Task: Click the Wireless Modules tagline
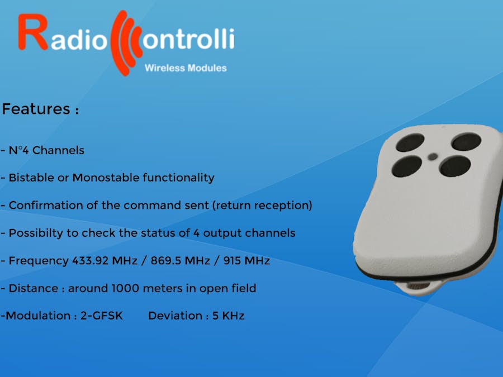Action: coord(186,68)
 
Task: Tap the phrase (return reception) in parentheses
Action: coord(262,205)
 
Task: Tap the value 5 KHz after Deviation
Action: coord(228,316)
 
